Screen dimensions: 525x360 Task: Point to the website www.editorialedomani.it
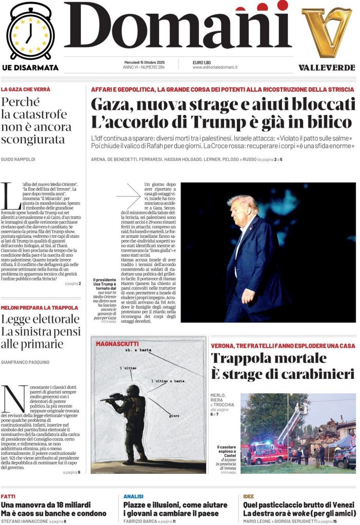pyautogui.click(x=215, y=67)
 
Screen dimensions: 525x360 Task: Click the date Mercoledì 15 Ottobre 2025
pyautogui.click(x=146, y=62)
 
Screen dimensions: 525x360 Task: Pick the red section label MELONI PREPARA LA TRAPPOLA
pyautogui.click(x=39, y=308)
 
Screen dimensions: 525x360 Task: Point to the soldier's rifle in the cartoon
pyautogui.click(x=114, y=397)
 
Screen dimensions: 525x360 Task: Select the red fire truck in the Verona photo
pyautogui.click(x=267, y=451)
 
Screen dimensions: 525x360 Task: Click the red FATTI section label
pyautogui.click(x=8, y=496)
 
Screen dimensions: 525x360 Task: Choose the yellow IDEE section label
pyautogui.click(x=249, y=496)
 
